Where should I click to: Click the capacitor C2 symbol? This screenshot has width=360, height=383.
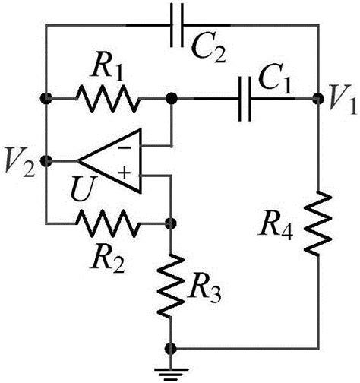pyautogui.click(x=177, y=25)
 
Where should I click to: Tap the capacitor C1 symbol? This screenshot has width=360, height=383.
pyautogui.click(x=245, y=99)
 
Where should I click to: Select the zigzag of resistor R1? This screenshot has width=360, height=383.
pyautogui.click(x=107, y=99)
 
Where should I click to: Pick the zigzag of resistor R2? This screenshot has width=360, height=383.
pyautogui.click(x=107, y=223)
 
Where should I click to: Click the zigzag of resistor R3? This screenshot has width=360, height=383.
pyautogui.click(x=171, y=285)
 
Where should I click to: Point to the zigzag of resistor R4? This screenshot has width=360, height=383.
pyautogui.click(x=317, y=223)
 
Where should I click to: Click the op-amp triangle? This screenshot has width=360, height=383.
pyautogui.click(x=109, y=161)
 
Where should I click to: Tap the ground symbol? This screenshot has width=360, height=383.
pyautogui.click(x=172, y=375)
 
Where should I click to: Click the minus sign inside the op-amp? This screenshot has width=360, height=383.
pyautogui.click(x=125, y=147)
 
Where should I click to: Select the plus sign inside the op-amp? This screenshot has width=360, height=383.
pyautogui.click(x=125, y=173)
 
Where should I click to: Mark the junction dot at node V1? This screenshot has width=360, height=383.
pyautogui.click(x=317, y=99)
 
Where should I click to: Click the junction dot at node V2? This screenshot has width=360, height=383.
pyautogui.click(x=46, y=161)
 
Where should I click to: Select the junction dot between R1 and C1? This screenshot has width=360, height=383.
pyautogui.click(x=172, y=99)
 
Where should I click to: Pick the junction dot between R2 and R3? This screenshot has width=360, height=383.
pyautogui.click(x=171, y=223)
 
